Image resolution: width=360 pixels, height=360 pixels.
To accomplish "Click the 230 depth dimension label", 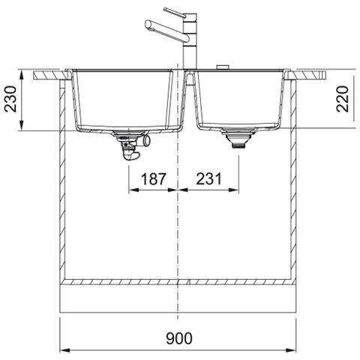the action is pyautogui.click(x=11, y=99).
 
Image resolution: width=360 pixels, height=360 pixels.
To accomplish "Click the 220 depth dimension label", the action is pyautogui.click(x=343, y=99).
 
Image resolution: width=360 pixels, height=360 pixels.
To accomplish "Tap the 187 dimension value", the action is pyautogui.click(x=153, y=179).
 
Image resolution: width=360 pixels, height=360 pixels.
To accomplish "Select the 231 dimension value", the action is pyautogui.click(x=209, y=179).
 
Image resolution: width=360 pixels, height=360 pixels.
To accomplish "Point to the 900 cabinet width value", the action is pyautogui.click(x=179, y=338).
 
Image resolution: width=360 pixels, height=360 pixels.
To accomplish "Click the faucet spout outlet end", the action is pyautogui.click(x=148, y=25).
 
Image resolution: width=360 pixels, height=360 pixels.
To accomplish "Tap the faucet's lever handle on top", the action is pyautogui.click(x=175, y=13).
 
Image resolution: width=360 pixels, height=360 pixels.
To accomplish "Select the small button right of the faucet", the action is pyautogui.click(x=222, y=67).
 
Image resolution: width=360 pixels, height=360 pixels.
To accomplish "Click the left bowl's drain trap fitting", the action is pyautogui.click(x=132, y=145).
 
